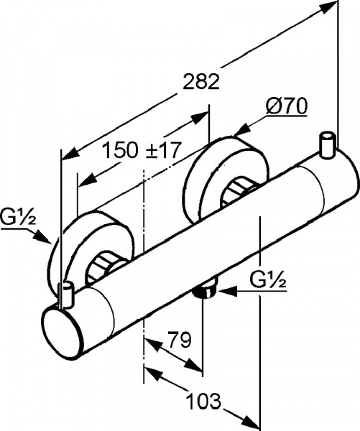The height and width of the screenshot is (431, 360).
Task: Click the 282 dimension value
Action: pyautogui.click(x=200, y=82)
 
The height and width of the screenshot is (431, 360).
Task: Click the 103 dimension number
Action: pyautogui.click(x=202, y=399)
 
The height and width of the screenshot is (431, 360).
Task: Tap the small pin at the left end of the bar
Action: pyautogui.click(x=66, y=294)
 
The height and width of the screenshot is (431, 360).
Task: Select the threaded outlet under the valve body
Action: pyautogui.click(x=206, y=292)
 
